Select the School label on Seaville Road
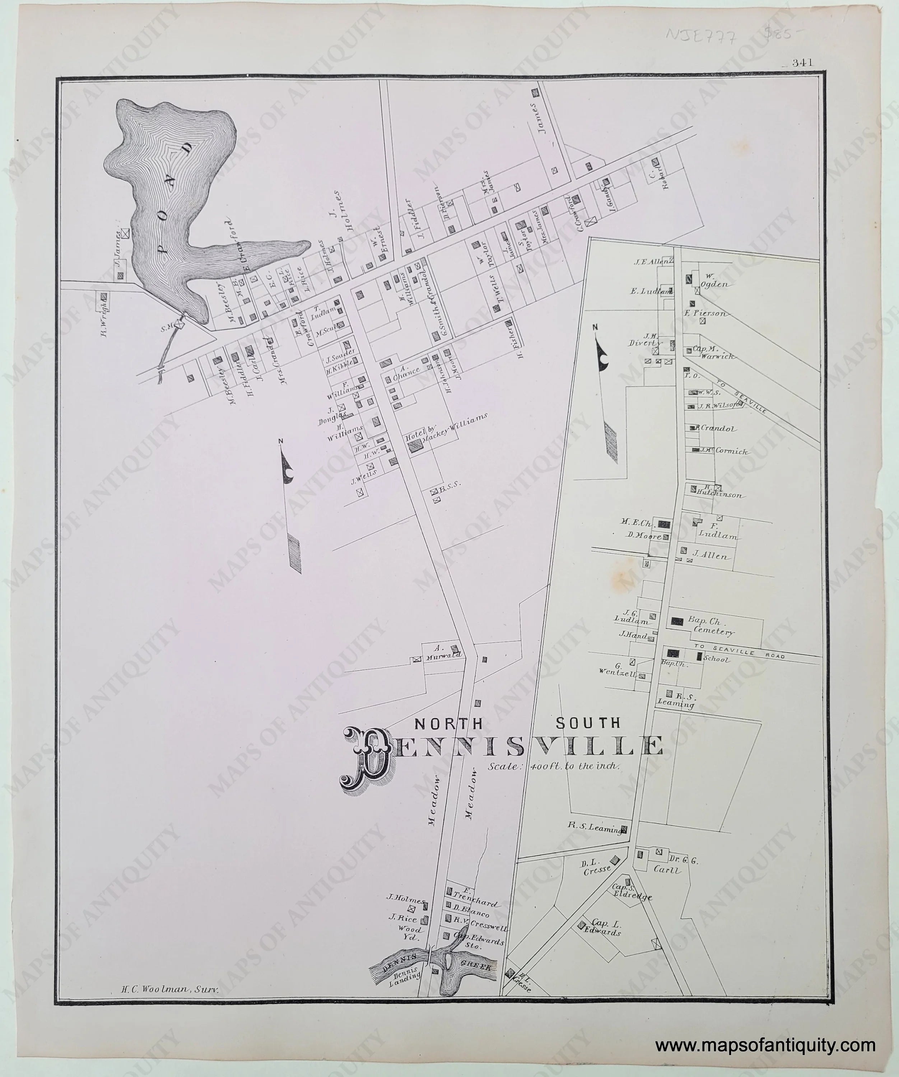point(716,659)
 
